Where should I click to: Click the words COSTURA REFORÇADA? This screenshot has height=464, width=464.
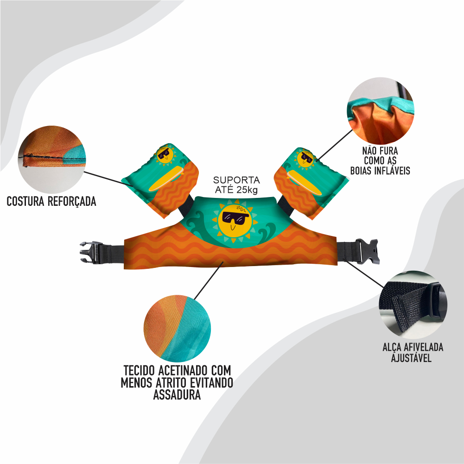click(x=51, y=202)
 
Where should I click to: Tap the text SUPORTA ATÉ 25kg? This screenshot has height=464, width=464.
click(x=236, y=184)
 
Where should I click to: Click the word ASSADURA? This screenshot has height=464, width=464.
click(x=177, y=395)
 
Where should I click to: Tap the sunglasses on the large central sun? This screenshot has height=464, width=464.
click(x=235, y=217)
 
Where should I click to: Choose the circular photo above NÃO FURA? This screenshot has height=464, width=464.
click(x=380, y=110)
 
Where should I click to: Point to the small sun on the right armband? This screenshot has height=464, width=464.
click(x=305, y=158)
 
